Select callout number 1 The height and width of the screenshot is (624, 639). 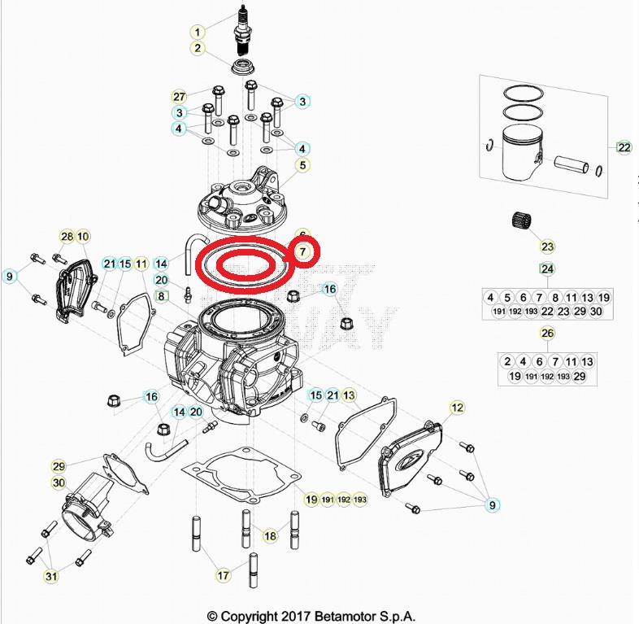197,32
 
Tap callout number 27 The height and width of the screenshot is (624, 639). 180,98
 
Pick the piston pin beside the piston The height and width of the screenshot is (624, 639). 574,165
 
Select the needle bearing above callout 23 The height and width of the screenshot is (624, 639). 521,220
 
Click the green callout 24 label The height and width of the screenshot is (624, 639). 547,269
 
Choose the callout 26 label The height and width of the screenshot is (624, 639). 547,334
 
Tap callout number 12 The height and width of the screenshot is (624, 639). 456,407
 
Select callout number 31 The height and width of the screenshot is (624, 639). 51,577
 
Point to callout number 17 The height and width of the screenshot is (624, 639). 223,575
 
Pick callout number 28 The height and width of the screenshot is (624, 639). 67,237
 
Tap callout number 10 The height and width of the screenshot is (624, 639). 84,237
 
